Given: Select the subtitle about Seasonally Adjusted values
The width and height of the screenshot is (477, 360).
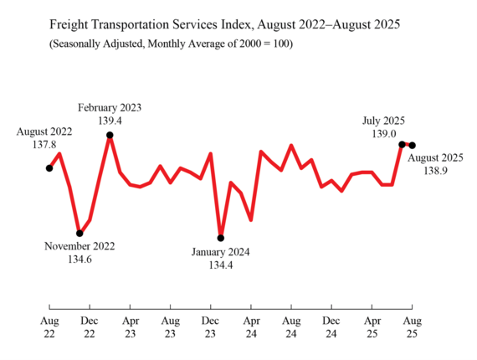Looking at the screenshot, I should (x=171, y=44).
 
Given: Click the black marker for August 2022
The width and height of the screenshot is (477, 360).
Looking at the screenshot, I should (x=49, y=168).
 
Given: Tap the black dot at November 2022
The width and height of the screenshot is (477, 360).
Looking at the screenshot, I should (x=79, y=234).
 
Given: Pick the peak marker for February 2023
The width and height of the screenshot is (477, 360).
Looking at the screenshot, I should (x=110, y=135).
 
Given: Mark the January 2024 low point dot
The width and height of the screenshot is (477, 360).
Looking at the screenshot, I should (x=221, y=238).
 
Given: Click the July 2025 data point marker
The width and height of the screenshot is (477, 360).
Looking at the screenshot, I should (x=403, y=144).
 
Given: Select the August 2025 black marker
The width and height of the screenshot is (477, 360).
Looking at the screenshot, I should (x=413, y=146).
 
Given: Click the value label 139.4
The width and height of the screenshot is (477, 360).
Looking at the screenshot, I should (x=110, y=121).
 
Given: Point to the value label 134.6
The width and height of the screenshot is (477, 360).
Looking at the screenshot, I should (x=79, y=260).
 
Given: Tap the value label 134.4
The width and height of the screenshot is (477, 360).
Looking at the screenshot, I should (x=221, y=265).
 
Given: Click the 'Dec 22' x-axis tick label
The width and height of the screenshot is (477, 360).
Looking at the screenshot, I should (x=90, y=327).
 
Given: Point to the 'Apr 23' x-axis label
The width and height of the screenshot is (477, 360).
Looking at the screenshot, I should (x=130, y=327).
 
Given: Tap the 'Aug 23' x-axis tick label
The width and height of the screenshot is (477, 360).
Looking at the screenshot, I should (x=170, y=327).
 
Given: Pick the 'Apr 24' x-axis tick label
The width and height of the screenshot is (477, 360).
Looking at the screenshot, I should (x=251, y=327).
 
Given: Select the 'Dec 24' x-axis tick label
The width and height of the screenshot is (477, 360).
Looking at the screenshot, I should (x=331, y=327).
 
